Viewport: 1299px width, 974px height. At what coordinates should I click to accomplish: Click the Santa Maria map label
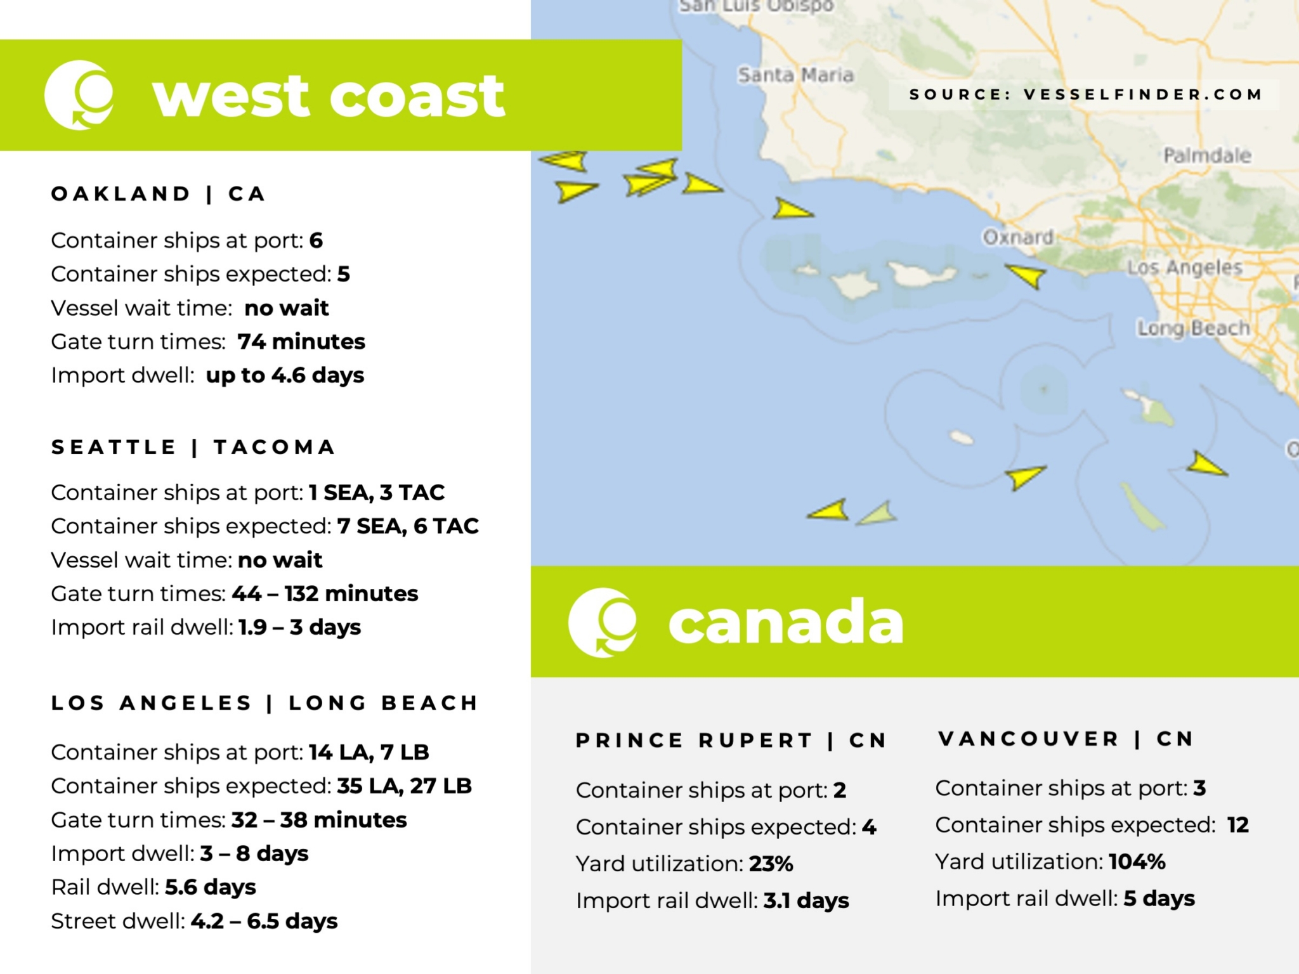point(795,75)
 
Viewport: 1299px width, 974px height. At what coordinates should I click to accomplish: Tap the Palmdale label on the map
point(1206,155)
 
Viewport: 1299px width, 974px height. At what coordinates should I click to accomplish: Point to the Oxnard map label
point(1017,237)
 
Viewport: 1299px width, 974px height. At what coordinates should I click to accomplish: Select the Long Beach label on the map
point(1192,328)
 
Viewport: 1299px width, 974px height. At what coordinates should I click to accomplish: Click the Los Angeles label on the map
point(1184,268)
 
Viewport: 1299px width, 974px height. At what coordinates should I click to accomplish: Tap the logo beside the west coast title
point(79,95)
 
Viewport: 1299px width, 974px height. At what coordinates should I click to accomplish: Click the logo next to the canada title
point(603,622)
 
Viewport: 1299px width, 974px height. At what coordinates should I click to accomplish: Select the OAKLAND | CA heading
point(158,193)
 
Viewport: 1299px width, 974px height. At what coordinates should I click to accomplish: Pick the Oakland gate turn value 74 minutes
point(301,342)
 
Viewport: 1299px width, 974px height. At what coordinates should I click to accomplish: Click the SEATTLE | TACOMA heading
point(193,447)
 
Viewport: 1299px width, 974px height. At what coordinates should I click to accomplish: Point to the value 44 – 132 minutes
point(325,594)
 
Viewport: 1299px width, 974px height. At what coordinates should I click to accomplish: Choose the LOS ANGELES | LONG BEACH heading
point(264,703)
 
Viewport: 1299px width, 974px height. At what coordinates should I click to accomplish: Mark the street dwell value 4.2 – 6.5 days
point(264,921)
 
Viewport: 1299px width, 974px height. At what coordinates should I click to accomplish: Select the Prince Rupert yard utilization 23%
point(771,864)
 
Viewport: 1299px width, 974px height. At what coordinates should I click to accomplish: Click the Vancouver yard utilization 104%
point(1137,862)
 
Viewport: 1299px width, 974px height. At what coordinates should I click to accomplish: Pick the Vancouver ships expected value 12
point(1237,825)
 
